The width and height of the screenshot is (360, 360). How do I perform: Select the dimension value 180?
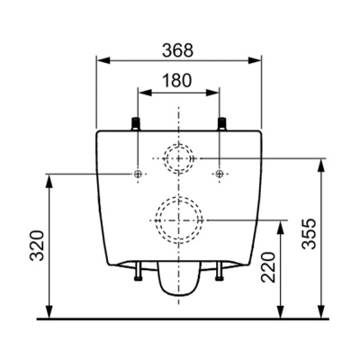pyautogui.click(x=178, y=79)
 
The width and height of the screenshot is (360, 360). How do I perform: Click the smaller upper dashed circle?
pyautogui.click(x=178, y=159)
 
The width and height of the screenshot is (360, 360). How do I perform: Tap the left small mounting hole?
pyautogui.click(x=137, y=173)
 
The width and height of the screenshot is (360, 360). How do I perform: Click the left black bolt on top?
pyautogui.click(x=137, y=123)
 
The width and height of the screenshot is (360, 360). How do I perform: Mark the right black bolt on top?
pyautogui.click(x=220, y=123)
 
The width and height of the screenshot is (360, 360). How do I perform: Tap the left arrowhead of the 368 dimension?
pyautogui.click(x=102, y=60)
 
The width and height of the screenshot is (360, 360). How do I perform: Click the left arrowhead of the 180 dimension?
pyautogui.click(x=141, y=91)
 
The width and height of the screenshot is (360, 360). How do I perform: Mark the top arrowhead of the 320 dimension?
pyautogui.click(x=48, y=178)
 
